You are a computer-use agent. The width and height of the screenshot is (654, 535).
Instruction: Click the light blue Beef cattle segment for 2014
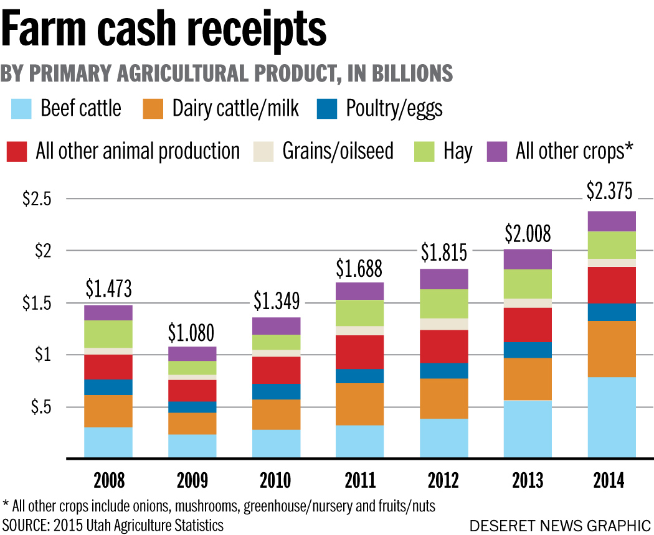612,417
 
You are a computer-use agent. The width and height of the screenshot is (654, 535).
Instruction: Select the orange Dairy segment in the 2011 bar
360,404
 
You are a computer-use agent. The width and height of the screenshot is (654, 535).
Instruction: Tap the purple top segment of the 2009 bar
193,353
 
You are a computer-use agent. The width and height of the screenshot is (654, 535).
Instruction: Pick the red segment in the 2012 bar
444,346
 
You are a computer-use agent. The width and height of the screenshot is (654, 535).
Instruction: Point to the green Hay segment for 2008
108,334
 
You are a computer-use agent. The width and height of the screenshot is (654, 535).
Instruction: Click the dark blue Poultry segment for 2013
528,350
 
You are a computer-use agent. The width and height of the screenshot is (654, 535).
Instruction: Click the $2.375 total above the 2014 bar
610,192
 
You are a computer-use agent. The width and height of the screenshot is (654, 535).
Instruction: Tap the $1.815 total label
443,253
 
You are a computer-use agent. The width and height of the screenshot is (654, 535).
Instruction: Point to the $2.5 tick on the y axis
37,199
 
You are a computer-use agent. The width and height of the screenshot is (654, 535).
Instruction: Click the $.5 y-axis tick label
40,407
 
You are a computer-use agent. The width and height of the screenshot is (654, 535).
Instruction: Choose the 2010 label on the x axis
275,480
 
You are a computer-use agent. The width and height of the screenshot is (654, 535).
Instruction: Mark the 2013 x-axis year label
528,480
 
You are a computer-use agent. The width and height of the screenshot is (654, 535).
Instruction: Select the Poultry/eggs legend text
394,109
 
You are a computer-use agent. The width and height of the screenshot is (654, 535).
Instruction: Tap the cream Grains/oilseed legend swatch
264,151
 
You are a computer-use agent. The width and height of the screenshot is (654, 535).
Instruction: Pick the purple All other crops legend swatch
497,151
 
